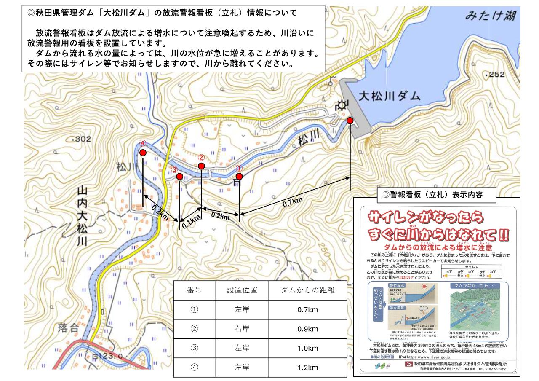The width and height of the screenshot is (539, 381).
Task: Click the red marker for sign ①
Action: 239,176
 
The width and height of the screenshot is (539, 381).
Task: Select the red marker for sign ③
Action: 179,176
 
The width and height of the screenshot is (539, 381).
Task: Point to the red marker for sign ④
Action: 143,153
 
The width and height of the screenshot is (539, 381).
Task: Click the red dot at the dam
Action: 350,121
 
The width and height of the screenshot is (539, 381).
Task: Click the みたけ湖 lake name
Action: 491,18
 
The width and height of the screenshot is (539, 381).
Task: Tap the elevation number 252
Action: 495,75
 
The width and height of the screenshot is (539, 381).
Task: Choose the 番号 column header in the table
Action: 194,290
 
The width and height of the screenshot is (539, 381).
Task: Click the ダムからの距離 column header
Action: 307,290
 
